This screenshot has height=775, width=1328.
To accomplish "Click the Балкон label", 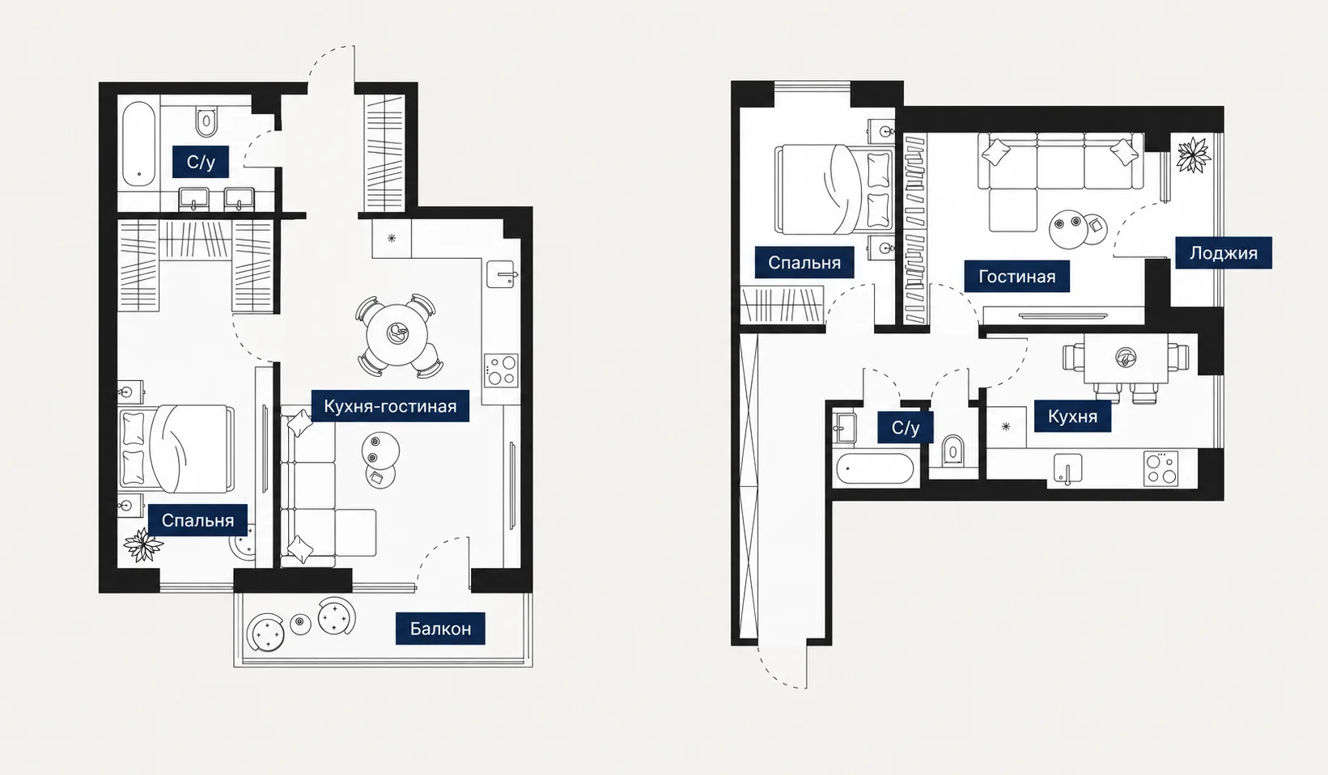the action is point(440,628).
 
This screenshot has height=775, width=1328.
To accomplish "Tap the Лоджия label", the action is point(1224,253).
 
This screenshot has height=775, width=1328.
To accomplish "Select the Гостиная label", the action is point(1016,276).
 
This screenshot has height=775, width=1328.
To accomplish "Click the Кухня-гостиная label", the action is point(390,406).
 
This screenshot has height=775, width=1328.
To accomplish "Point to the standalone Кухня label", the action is point(1072,416).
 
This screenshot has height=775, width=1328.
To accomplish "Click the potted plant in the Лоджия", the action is point(1193,155).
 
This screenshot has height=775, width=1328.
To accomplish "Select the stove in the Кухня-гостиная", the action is point(501,371).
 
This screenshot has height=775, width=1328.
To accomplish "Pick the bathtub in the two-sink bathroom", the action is point(138,144).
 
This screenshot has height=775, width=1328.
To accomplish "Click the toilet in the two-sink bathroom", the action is point(206,121).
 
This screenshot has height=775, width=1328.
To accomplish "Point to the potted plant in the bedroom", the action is point(143,544).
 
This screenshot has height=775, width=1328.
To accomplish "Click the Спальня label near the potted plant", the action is point(197,520).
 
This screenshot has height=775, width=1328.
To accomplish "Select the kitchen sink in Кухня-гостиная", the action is point(502,273).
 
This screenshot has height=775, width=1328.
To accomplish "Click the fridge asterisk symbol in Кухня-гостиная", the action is point(392,238).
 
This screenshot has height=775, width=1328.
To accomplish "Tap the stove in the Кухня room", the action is point(1160,469).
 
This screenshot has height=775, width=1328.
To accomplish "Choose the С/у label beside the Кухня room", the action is point(906,427).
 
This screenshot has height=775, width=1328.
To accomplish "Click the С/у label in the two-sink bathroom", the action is point(201,162).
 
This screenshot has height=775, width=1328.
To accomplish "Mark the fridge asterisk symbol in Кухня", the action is point(1006,426).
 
